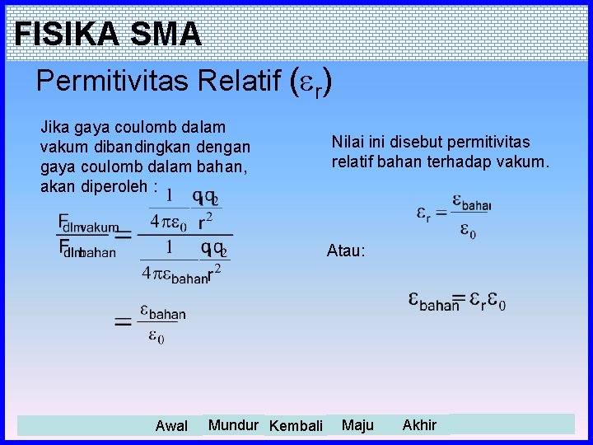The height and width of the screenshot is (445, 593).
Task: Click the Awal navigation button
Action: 171,426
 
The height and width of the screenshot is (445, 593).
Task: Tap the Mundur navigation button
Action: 233,425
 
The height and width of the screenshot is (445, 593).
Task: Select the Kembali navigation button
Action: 296,426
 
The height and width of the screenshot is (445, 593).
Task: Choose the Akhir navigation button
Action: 419,425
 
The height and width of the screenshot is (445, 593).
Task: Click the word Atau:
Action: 346,251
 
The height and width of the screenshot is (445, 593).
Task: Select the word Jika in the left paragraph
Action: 54,128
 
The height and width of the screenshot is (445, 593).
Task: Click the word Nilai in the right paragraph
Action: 347,142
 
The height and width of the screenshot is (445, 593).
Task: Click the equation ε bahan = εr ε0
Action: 457,301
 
